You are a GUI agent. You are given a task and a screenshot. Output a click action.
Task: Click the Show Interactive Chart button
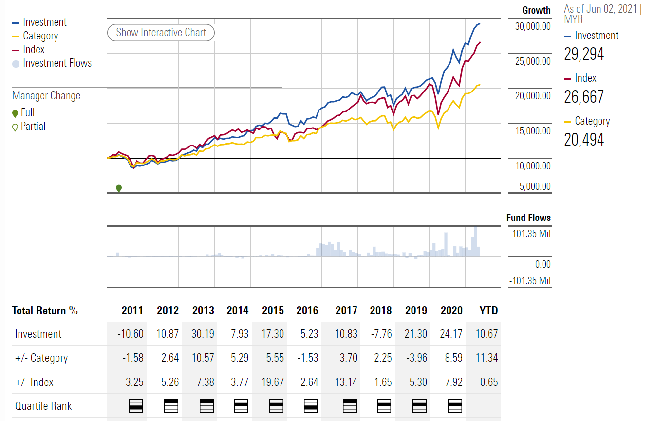click(x=161, y=33)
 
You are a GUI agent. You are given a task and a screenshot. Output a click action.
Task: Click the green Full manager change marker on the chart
click(x=118, y=188)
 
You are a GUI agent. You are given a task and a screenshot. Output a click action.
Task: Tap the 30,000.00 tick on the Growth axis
click(x=533, y=26)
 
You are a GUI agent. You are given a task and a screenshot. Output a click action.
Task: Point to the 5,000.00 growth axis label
click(x=535, y=186)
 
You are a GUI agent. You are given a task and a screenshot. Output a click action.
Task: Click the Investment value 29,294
click(x=584, y=54)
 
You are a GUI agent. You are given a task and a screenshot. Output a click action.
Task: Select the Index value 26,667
click(x=584, y=97)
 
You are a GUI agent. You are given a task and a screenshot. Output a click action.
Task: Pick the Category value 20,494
click(x=584, y=140)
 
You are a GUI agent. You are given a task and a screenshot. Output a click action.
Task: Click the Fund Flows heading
click(x=528, y=218)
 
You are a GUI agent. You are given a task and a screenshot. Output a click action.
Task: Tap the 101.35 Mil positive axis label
click(x=531, y=234)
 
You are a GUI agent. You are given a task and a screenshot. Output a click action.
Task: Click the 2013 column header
click(x=203, y=311)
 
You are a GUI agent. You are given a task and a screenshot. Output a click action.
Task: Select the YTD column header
click(x=488, y=311)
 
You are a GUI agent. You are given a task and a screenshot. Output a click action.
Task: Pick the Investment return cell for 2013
click(x=203, y=334)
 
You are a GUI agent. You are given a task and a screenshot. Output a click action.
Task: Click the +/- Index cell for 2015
click(x=272, y=382)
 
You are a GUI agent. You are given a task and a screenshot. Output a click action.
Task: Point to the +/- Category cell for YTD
click(x=487, y=358)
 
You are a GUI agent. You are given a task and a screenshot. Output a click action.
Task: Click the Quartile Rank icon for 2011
click(x=136, y=405)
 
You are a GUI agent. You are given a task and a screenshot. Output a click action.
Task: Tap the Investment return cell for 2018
click(x=381, y=334)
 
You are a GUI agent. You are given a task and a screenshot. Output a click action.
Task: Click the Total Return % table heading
click(x=45, y=311)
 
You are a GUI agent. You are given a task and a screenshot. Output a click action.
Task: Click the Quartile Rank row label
click(x=43, y=406)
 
